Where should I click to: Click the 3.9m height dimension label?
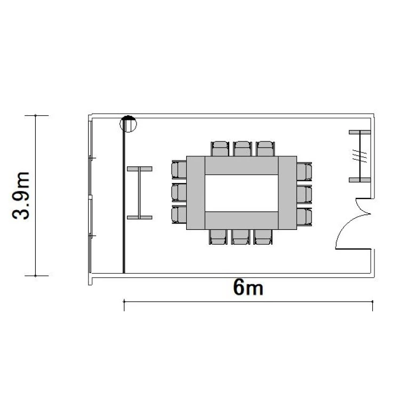pyautogui.click(x=21, y=196)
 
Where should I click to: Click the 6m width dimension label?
pyautogui.click(x=248, y=287)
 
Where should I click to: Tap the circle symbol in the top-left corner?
pyautogui.click(x=128, y=124)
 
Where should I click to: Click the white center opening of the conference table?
pyautogui.click(x=241, y=193)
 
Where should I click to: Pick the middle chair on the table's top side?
pyautogui.click(x=242, y=148)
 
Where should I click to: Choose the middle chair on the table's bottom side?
pyautogui.click(x=241, y=237)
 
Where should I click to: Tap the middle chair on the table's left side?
pyautogui.click(x=179, y=193)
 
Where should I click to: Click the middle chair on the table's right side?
pyautogui.click(x=305, y=194)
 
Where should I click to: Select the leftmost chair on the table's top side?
pyautogui.click(x=220, y=148)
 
